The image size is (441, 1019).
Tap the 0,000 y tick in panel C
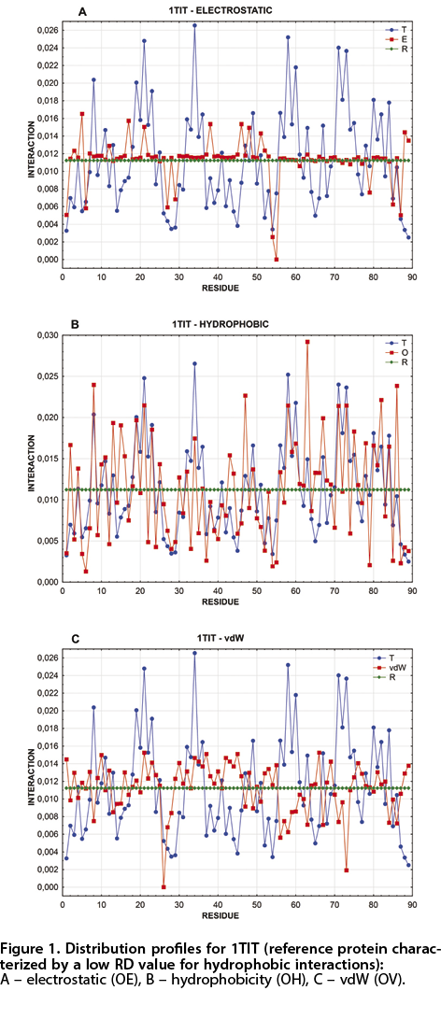pos(44,887)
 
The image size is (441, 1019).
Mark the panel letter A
pos(82,12)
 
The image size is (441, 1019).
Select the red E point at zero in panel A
pos(277,260)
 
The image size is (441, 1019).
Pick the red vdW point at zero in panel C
pos(164,887)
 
